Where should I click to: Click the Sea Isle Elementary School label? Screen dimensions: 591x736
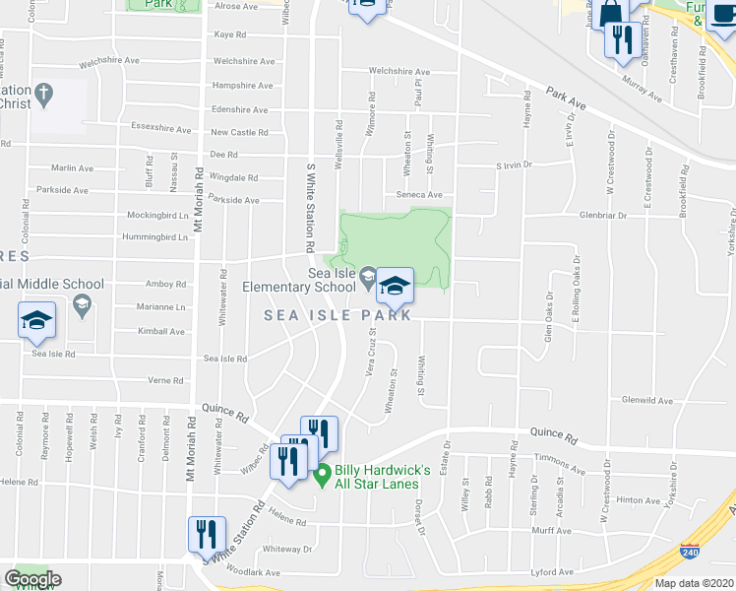pos(299,280)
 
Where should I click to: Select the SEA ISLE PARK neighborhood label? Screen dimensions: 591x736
pos(337,315)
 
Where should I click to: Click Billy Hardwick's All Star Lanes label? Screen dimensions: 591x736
pos(383,477)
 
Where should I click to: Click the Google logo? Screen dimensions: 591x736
pos(32,579)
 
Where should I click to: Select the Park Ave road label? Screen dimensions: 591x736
pos(567,99)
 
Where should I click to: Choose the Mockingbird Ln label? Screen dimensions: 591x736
pos(157,215)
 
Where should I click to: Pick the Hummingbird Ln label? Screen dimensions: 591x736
pos(154,237)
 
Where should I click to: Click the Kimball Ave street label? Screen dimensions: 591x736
pos(161,332)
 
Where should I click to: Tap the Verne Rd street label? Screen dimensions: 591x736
pos(165,380)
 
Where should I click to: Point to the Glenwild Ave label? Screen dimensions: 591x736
pos(646,401)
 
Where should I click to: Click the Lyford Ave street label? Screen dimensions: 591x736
pos(551,572)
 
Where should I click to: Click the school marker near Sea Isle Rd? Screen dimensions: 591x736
pos(36,321)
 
